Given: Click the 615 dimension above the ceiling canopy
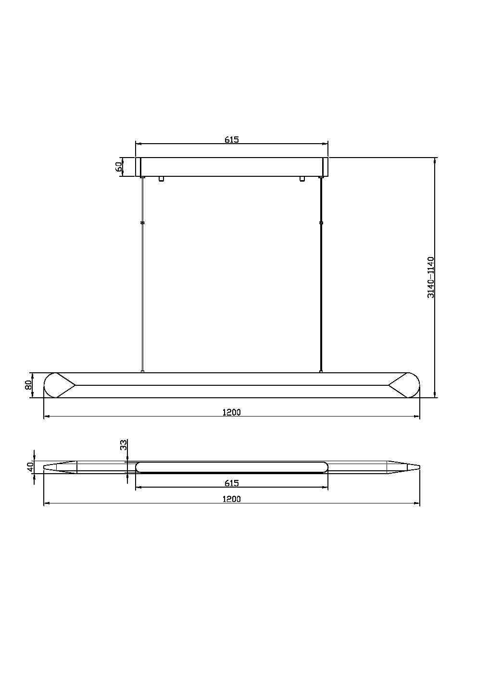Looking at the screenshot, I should point(231,140).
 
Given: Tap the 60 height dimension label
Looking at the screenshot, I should point(119,167).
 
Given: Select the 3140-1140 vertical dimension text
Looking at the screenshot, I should point(431,277).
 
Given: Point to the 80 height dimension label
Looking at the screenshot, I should point(28,385).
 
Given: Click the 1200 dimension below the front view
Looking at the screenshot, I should point(231,412).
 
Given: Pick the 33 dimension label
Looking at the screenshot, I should point(123,445).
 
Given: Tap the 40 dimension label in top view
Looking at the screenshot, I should point(30,466).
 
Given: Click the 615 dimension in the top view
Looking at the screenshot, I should point(231,483).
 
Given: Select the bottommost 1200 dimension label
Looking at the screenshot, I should point(231,499).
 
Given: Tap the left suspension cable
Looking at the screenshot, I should point(142,288).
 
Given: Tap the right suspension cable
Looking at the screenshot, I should point(321,288).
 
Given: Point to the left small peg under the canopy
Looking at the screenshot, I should point(161,179).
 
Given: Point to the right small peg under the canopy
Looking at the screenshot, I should point(302,179).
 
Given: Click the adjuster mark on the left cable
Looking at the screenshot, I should point(142,223).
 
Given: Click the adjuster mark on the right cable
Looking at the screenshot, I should point(321,223).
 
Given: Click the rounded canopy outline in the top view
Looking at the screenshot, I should point(231,466).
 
